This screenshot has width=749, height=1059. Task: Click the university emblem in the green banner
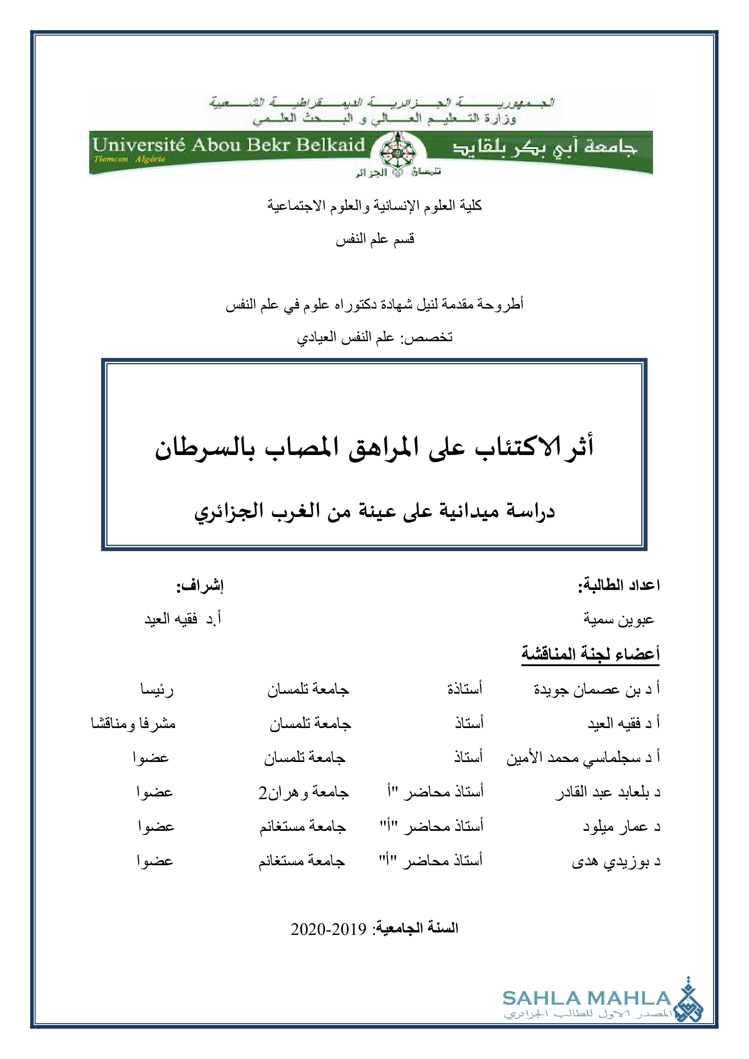(x=397, y=150)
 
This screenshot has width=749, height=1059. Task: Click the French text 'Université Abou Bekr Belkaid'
(x=229, y=145)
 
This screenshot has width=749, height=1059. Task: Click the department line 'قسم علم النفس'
(x=374, y=239)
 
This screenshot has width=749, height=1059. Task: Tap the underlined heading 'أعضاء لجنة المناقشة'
(x=591, y=654)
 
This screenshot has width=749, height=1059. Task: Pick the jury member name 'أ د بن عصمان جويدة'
(x=597, y=690)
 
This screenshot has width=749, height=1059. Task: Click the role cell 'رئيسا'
(x=157, y=690)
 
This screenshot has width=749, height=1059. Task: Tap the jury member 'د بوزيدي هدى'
(x=616, y=861)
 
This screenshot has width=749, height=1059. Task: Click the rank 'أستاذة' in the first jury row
(x=465, y=690)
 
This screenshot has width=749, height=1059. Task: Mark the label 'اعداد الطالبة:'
(x=619, y=586)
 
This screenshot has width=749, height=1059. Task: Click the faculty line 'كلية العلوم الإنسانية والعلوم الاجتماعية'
(x=374, y=205)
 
